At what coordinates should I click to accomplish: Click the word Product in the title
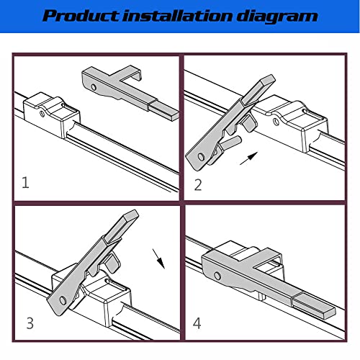(80, 16)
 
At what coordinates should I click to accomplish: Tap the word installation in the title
(178, 15)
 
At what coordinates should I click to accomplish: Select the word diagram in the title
(277, 17)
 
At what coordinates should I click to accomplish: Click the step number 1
(25, 182)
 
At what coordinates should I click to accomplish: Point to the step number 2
(198, 185)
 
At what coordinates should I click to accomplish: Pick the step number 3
(30, 323)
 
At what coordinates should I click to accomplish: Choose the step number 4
(197, 323)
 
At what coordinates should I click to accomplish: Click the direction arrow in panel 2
(249, 158)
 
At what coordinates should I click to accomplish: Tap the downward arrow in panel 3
(158, 259)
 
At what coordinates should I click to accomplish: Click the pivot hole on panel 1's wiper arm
(94, 87)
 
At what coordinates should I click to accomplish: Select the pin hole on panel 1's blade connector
(42, 114)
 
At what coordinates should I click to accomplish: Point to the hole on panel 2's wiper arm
(201, 157)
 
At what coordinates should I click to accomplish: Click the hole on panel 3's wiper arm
(63, 300)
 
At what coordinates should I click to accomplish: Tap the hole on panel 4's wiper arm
(217, 276)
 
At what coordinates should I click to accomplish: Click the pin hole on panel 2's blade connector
(276, 121)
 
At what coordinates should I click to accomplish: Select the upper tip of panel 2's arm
(271, 77)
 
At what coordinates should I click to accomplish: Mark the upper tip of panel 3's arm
(135, 212)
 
